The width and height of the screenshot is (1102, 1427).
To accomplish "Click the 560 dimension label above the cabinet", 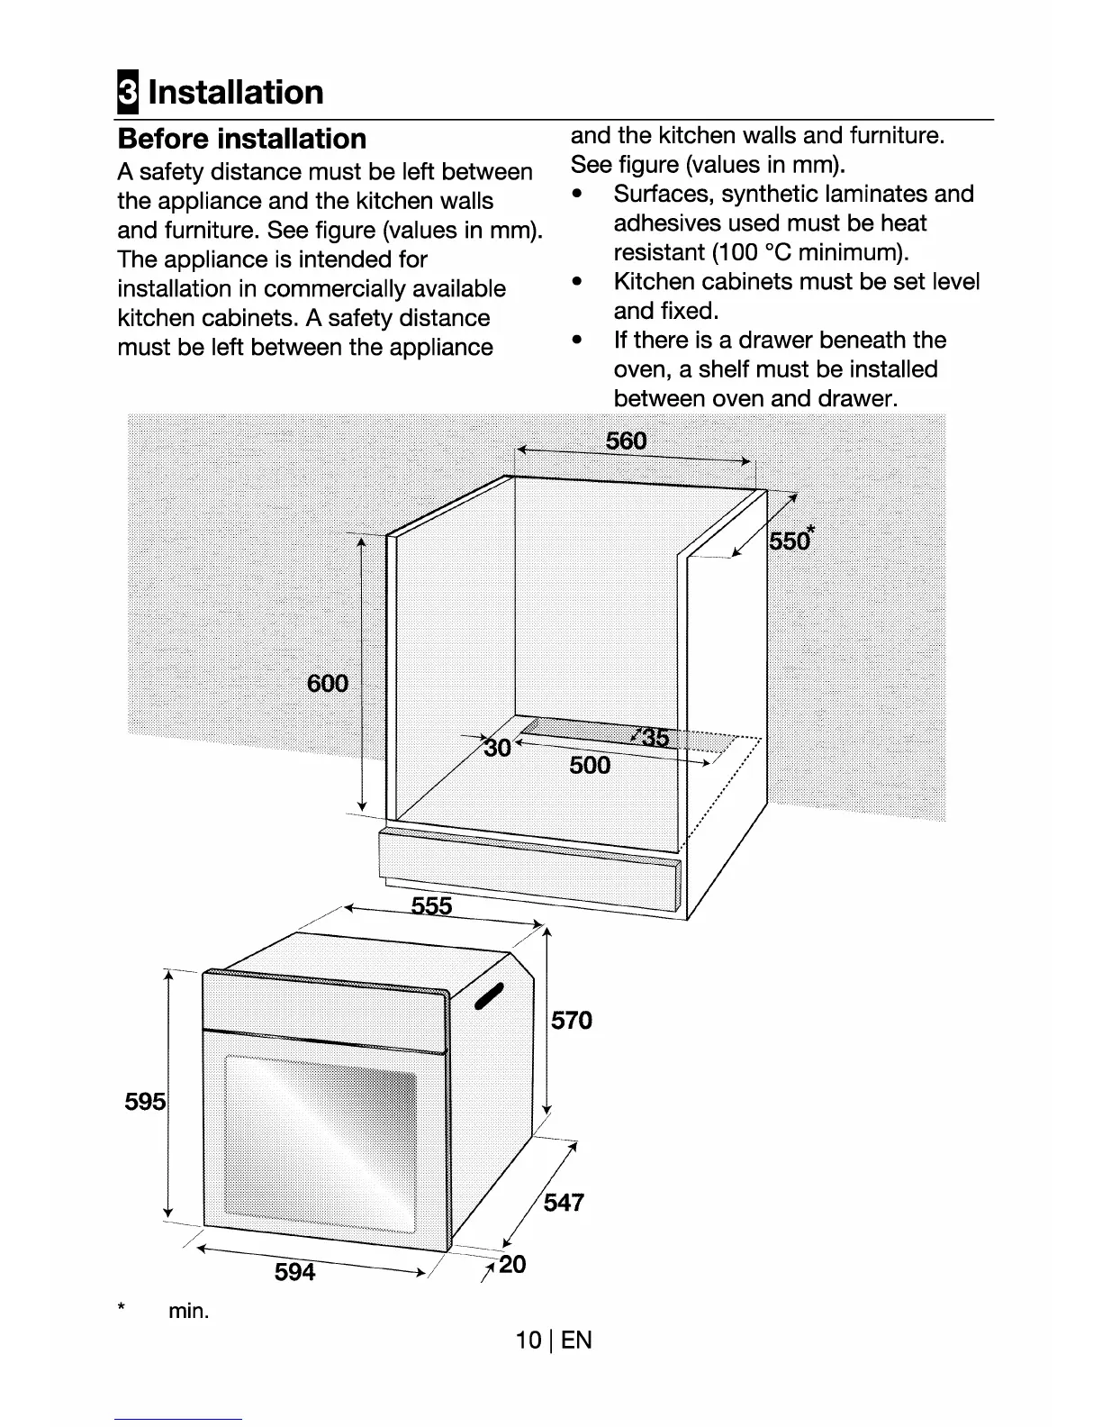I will click(x=627, y=441).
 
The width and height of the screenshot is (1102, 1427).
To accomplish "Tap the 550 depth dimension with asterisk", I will click(x=790, y=541).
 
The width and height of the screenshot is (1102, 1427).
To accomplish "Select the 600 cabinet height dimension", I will click(x=328, y=683).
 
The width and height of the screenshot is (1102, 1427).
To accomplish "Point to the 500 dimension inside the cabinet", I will click(x=590, y=766).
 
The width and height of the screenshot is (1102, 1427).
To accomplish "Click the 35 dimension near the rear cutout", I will click(x=655, y=739).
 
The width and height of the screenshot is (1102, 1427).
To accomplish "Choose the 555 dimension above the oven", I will click(x=431, y=905).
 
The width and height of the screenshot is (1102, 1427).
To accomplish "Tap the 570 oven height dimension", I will click(x=572, y=1021).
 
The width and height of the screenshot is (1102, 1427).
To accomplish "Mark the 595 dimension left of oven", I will click(x=145, y=1102).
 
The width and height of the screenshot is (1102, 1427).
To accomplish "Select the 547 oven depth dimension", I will click(x=564, y=1203).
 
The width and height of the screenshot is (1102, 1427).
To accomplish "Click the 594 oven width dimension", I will click(x=295, y=1272).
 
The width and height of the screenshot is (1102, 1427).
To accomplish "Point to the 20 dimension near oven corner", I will click(x=511, y=1265).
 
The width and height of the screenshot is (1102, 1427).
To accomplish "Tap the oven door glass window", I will click(x=320, y=1140).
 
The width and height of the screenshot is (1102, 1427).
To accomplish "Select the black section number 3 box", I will click(x=128, y=93).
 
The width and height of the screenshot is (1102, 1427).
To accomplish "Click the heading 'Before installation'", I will click(x=242, y=139).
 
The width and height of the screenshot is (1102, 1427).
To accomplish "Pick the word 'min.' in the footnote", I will click(x=188, y=1311).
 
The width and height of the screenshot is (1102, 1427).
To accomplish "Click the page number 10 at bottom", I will click(x=528, y=1340).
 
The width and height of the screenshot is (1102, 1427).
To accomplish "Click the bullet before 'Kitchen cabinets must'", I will click(x=577, y=282).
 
